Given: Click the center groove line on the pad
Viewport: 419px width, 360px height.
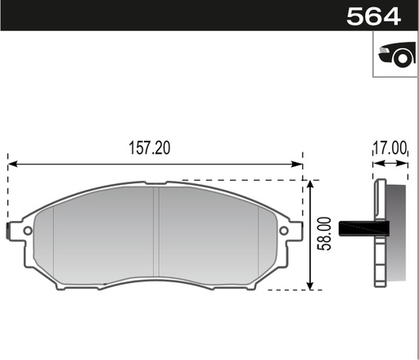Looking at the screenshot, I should pyautogui.click(x=156, y=233).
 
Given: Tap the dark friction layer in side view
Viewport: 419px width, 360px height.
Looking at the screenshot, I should pyautogui.click(x=395, y=233).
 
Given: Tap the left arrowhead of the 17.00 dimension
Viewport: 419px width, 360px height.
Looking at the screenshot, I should pyautogui.click(x=376, y=164).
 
